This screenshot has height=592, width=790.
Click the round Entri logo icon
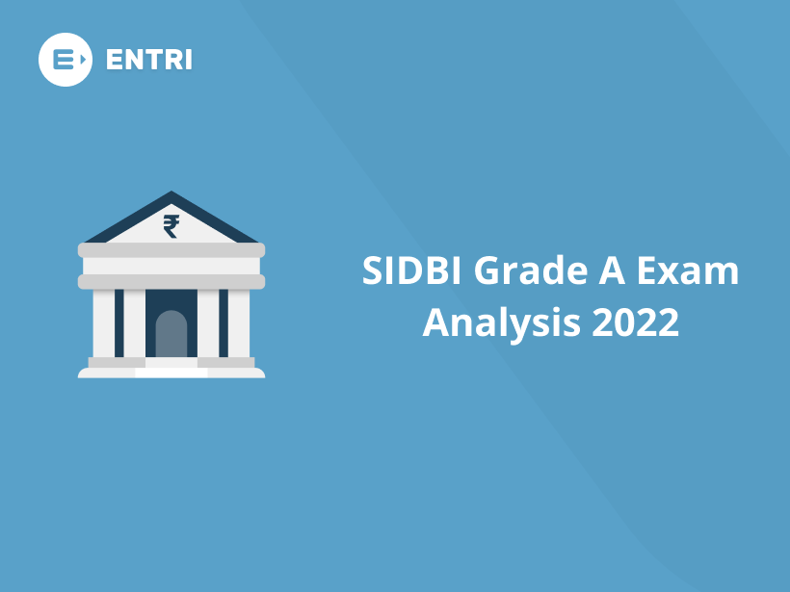tap(65, 60)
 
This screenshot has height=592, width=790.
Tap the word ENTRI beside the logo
tap(148, 60)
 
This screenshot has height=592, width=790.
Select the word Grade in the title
tap(513, 271)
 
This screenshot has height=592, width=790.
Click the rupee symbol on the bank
tap(171, 226)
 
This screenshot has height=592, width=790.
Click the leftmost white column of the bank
tap(104, 323)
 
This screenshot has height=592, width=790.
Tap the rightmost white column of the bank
tap(239, 323)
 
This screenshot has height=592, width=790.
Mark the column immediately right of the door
tap(208, 323)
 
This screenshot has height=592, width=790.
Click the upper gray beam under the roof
tap(171, 250)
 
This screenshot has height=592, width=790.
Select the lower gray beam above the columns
tap(171, 281)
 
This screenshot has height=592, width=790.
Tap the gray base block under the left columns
tap(117, 363)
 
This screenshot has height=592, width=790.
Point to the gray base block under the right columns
tap(226, 363)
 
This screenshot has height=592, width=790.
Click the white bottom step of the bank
tap(171, 373)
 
